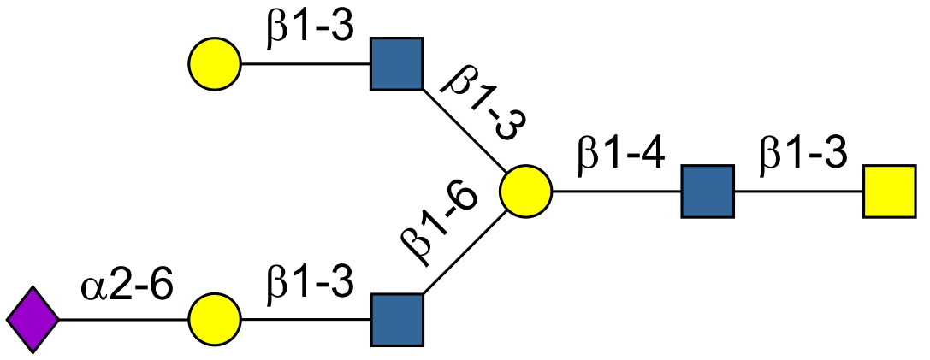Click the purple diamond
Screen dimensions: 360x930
click(33, 320)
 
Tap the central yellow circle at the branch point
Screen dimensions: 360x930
click(526, 191)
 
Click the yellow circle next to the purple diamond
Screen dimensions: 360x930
click(215, 320)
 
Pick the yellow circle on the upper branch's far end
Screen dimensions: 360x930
click(215, 63)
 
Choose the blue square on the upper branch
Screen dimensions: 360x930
click(397, 63)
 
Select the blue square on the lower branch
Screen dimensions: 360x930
click(397, 320)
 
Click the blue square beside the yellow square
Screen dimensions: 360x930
click(708, 191)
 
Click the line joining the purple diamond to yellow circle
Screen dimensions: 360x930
click(124, 320)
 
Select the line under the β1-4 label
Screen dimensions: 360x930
click(617, 191)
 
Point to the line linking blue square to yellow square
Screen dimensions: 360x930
click(798, 191)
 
